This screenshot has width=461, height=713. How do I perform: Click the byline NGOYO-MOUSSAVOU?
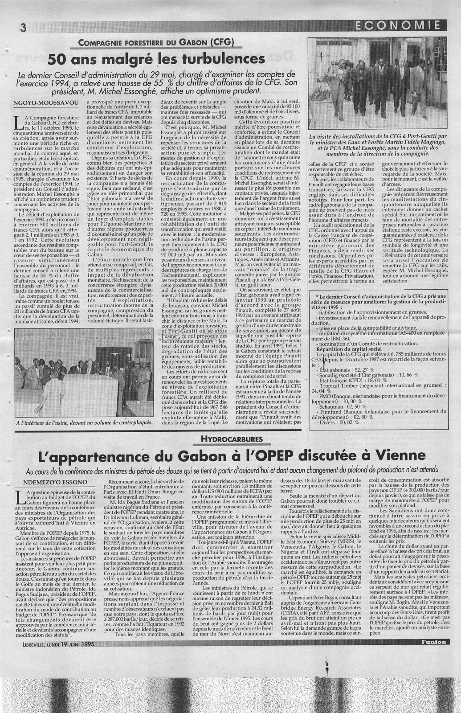click(x=44, y=102)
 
